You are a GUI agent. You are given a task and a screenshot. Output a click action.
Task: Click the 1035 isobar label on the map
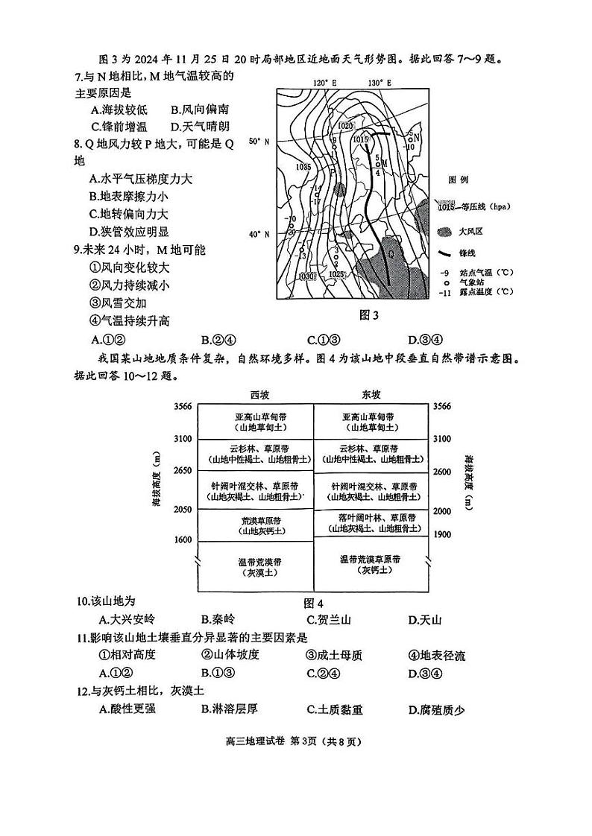(x=303, y=167)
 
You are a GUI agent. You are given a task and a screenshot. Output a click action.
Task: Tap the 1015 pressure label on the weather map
(x=360, y=139)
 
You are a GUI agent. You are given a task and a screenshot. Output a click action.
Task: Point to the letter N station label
(x=417, y=137)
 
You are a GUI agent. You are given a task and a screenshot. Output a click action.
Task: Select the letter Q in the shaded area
(x=391, y=253)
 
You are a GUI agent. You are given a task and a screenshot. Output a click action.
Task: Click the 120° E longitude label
(x=325, y=83)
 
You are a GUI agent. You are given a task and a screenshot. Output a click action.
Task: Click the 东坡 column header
(x=371, y=394)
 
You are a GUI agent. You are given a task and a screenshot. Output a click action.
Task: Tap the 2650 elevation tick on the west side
(x=183, y=471)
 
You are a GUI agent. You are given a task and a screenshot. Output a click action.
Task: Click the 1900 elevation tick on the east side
(x=443, y=534)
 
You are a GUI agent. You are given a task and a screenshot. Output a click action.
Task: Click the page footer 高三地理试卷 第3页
(x=296, y=741)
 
